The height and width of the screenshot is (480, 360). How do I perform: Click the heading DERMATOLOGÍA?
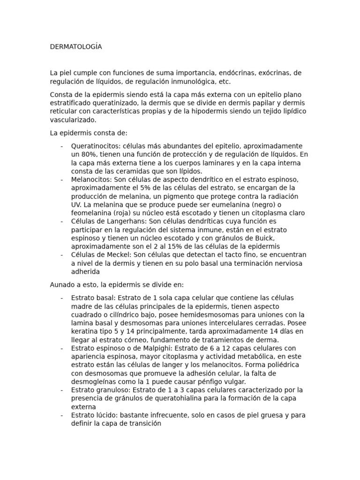click(x=76, y=47)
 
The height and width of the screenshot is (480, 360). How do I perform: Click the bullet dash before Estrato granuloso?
click(x=62, y=390)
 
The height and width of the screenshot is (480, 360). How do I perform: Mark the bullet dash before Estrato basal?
click(x=62, y=298)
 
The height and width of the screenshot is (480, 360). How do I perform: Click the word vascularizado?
click(x=73, y=120)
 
